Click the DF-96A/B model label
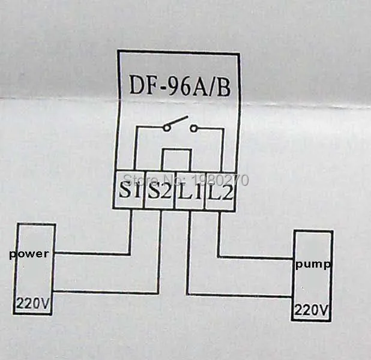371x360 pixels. click(x=179, y=86)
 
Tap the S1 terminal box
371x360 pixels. click(x=128, y=190)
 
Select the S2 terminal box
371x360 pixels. click(x=160, y=190)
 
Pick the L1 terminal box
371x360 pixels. click(x=190, y=190)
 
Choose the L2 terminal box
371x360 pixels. click(x=220, y=191)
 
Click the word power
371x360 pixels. click(x=29, y=254)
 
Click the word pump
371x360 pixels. click(x=313, y=264)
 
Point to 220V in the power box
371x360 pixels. click(x=32, y=303)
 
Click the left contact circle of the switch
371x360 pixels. click(x=166, y=128)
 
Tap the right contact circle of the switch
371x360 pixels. click(x=193, y=128)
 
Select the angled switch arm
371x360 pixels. click(x=177, y=121)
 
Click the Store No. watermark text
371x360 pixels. click(x=186, y=180)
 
